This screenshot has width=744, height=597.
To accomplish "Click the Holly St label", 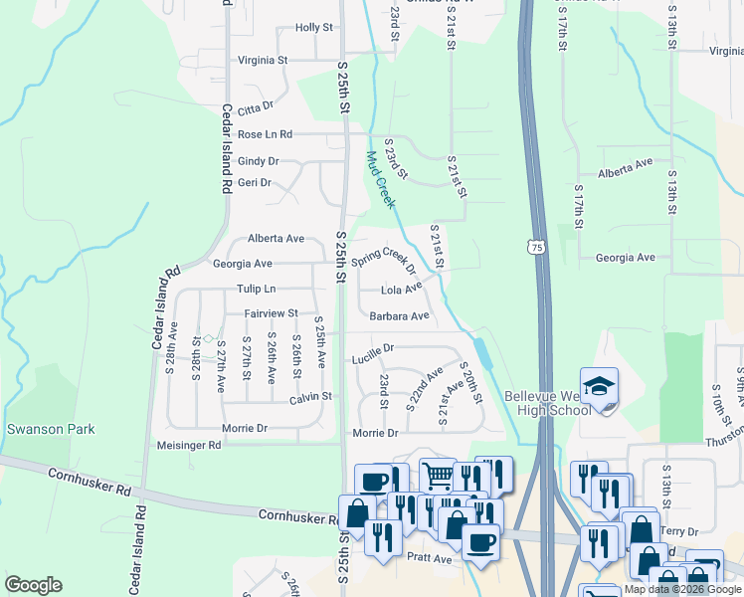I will [313, 28].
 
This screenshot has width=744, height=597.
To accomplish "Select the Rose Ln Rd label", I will [265, 134].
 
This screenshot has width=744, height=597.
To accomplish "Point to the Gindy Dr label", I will [258, 161].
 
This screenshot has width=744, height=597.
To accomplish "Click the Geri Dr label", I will [254, 183].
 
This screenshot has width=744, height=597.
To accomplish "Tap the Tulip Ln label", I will [256, 289].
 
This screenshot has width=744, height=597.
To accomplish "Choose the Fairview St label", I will [273, 313].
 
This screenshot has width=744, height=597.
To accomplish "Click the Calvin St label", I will [309, 396].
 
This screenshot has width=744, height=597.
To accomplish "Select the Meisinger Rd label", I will [189, 446].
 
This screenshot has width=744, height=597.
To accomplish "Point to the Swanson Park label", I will [51, 429].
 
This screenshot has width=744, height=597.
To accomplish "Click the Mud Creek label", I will [380, 179].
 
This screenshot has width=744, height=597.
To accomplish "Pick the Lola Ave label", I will [402, 291].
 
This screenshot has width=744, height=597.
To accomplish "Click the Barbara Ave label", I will [399, 316].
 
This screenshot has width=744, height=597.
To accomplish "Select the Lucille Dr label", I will [374, 349].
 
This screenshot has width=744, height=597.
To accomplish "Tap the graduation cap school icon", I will [600, 388].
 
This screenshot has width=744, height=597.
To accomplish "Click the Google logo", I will [33, 585].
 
